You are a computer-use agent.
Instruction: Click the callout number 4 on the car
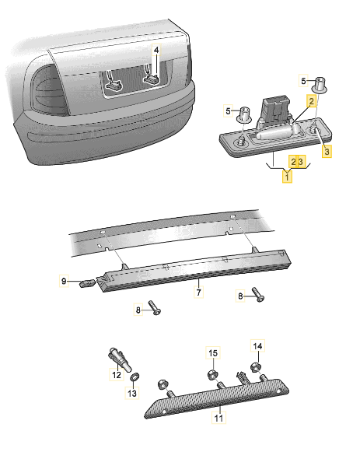pos(156,49)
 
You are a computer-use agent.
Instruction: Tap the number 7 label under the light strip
pos(198,293)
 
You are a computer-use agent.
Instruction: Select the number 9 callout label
pos(65,280)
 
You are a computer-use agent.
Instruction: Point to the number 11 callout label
pos(218,419)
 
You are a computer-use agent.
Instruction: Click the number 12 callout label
pos(117,375)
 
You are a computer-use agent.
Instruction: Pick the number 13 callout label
pos(131,394)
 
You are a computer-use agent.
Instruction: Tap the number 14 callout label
pos(259,345)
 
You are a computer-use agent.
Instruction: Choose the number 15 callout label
pos(212,354)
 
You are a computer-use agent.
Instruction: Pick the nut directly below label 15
pos(211,373)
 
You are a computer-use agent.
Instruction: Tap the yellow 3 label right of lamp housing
pos(327,150)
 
